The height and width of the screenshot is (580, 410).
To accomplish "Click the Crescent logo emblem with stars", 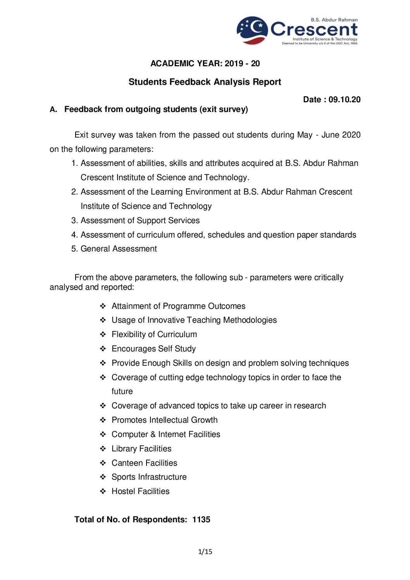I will [x=252, y=30].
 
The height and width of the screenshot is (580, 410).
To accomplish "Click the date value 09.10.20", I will [x=345, y=100].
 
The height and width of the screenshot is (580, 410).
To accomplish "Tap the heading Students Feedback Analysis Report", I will [x=205, y=82].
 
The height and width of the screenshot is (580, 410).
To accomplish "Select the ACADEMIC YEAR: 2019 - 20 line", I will [x=205, y=64].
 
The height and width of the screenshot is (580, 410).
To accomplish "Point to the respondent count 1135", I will [x=201, y=520].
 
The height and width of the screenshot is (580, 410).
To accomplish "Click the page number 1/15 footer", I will [x=205, y=552].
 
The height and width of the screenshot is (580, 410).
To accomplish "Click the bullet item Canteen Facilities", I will [x=144, y=463].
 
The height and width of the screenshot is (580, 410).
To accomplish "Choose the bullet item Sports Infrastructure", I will [x=149, y=477].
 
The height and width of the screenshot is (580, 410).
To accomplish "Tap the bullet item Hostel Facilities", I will [x=140, y=491].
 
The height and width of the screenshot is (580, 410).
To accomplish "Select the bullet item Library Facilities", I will [x=141, y=449].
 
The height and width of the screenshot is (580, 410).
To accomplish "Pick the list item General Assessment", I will [x=119, y=249].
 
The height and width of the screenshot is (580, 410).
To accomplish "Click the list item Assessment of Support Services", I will [x=140, y=220].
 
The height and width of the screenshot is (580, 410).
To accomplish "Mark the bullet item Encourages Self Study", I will [x=153, y=349].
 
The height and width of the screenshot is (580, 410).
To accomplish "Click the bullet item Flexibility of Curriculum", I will [x=154, y=334].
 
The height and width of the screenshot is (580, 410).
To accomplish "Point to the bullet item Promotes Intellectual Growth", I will [x=164, y=420].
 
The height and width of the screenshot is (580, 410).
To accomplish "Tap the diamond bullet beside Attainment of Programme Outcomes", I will [x=103, y=306].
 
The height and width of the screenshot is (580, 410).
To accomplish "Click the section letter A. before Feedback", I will [x=53, y=110].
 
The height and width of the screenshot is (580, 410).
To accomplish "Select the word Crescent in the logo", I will [x=314, y=29].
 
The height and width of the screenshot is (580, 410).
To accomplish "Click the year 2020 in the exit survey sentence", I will [x=351, y=135].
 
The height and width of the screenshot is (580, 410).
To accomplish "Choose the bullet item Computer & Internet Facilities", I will [x=166, y=434].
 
